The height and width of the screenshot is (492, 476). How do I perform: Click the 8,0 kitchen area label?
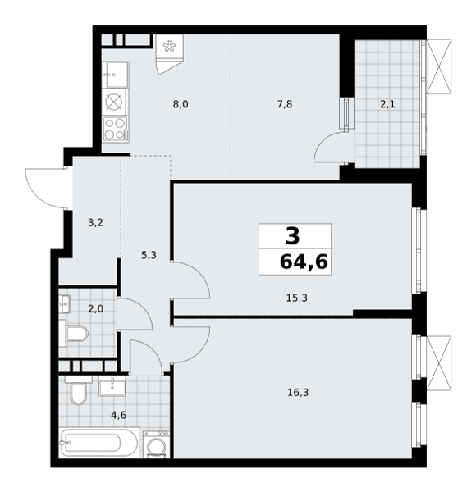pyautogui.click(x=181, y=104)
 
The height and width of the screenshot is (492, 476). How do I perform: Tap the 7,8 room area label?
pyautogui.click(x=285, y=104)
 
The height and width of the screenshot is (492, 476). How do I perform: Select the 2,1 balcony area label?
pyautogui.click(x=387, y=104)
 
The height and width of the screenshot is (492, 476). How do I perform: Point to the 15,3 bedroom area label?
pyautogui.click(x=297, y=298)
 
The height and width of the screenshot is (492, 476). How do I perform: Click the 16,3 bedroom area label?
pyautogui.click(x=298, y=392)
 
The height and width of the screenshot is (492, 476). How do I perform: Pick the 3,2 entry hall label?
pyautogui.click(x=95, y=223)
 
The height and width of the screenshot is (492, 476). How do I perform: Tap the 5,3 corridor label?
pyautogui.click(x=149, y=255)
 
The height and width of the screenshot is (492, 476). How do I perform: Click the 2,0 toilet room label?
pyautogui.click(x=95, y=309)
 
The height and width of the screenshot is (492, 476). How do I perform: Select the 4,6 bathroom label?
pyautogui.click(x=118, y=415)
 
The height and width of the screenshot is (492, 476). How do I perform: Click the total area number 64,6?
pyautogui.click(x=304, y=262)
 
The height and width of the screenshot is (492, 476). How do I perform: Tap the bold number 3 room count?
pyautogui.click(x=293, y=236)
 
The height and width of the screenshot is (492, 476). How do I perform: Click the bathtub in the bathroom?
pyautogui.click(x=99, y=443)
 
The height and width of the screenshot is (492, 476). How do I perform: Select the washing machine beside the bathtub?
pyautogui.click(x=156, y=444)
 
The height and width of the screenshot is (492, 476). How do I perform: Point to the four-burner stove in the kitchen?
pyautogui.click(x=117, y=130)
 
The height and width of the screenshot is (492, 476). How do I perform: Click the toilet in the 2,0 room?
pyautogui.click(x=74, y=333)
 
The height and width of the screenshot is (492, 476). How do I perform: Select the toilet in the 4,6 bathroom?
pyautogui.click(x=78, y=390)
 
